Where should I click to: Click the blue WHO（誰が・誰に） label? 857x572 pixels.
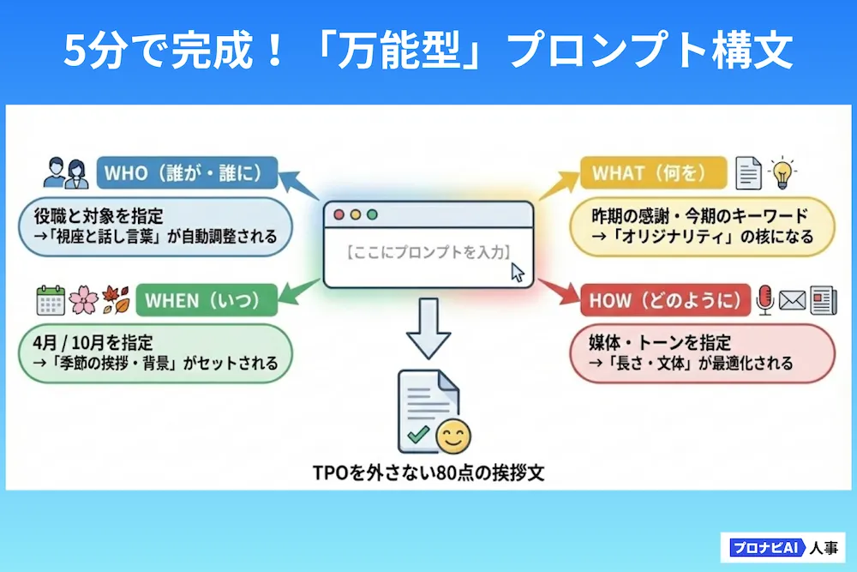187,173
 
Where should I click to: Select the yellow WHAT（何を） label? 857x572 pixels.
653,173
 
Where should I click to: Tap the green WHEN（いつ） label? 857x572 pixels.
207,300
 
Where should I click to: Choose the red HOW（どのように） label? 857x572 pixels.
665,300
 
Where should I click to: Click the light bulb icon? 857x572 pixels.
782,173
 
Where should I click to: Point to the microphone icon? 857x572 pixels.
765,300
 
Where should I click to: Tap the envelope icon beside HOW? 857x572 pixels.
792,301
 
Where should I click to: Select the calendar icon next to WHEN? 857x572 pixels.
51,300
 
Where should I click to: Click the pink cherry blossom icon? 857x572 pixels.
84,300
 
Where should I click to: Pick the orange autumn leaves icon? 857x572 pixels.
116,300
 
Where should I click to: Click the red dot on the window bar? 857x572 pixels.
339,215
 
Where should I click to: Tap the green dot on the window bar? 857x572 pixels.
372,215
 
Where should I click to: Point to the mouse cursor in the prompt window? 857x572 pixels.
517,273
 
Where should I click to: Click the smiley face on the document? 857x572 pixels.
453,437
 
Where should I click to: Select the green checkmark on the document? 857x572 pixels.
419,434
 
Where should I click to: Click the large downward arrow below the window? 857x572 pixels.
428,328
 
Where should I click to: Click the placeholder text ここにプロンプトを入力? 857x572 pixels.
428,252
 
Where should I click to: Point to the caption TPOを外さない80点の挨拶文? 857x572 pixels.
428,473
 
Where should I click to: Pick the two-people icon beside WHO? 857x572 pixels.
66,173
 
